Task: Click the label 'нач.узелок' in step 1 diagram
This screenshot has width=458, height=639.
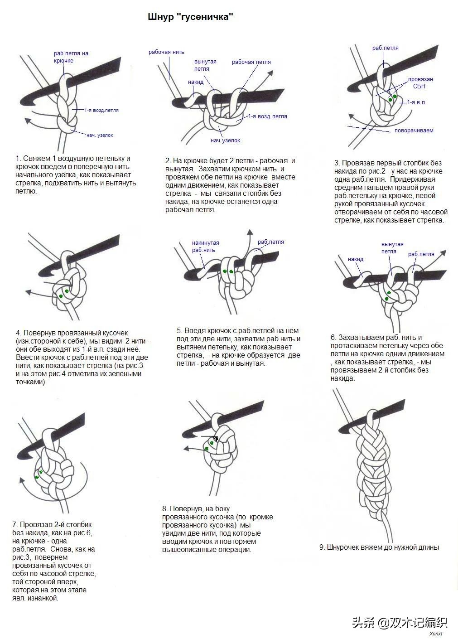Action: (100, 135)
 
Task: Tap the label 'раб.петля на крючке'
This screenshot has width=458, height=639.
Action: (71, 57)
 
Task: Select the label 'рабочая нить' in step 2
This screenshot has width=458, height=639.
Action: (166, 52)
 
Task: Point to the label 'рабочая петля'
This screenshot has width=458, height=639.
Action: (251, 62)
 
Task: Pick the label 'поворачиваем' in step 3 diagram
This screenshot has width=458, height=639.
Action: (414, 131)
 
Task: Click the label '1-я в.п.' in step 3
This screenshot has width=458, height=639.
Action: (416, 102)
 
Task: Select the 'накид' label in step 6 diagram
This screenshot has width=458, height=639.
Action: (356, 259)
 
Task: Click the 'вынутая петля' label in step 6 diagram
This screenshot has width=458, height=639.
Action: (392, 247)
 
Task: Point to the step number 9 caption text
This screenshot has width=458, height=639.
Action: (379, 547)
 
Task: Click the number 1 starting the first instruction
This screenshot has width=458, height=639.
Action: (18, 159)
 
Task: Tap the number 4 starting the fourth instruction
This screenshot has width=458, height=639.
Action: (18, 333)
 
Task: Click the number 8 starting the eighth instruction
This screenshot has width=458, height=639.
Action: (164, 509)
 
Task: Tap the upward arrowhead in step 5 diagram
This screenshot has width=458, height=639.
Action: (250, 232)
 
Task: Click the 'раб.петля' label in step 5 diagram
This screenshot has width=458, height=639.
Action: (270, 242)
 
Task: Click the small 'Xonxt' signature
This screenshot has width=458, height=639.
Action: (435, 634)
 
